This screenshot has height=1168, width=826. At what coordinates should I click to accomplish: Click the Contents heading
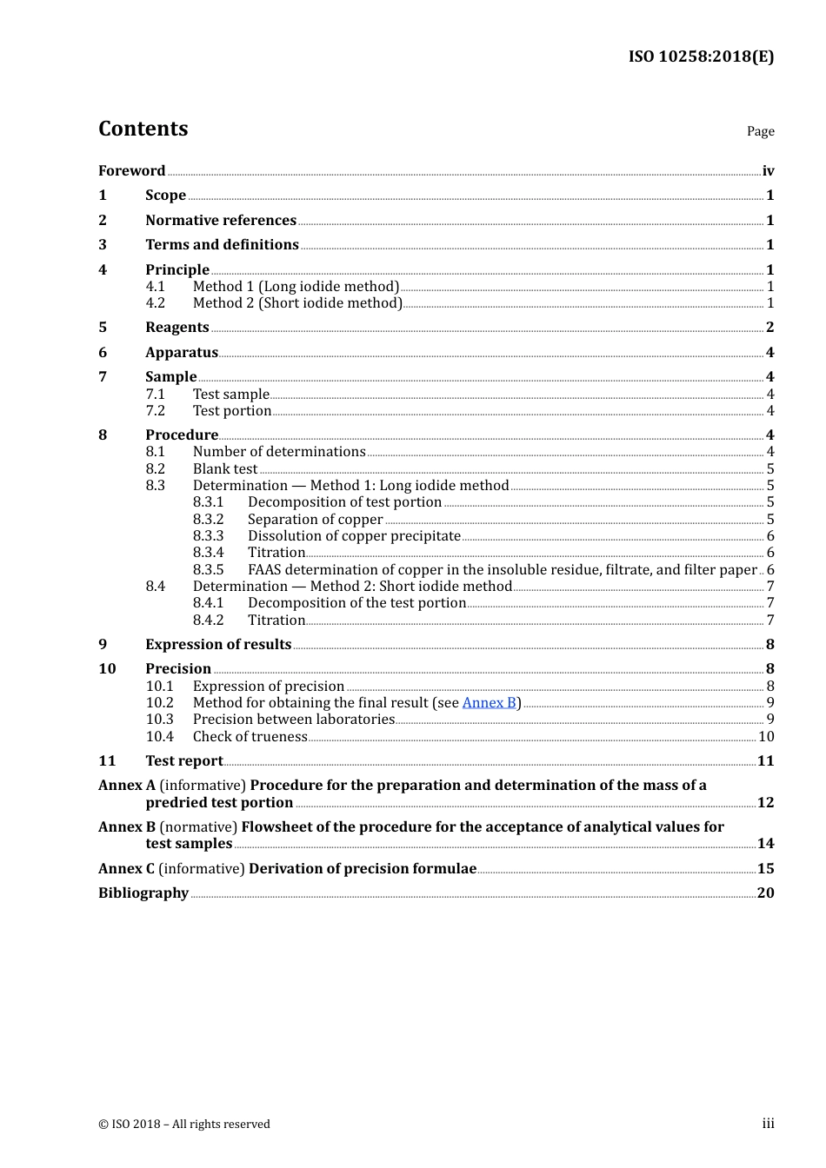pyautogui.click(x=143, y=129)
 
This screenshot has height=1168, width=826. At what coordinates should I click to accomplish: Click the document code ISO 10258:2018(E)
pyautogui.click(x=701, y=56)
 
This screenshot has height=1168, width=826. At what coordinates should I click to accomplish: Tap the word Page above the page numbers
pyautogui.click(x=760, y=131)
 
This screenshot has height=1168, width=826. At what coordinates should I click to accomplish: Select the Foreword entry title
pyautogui.click(x=131, y=170)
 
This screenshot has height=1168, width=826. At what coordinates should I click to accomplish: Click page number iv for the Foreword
pyautogui.click(x=768, y=171)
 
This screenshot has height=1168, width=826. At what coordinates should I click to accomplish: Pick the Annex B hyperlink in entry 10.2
pyautogui.click(x=489, y=702)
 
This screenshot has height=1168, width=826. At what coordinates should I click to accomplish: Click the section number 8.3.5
pyautogui.click(x=208, y=569)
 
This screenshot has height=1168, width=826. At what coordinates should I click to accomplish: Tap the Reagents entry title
pyautogui.click(x=177, y=328)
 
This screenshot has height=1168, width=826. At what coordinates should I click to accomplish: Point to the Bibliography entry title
pyautogui.click(x=143, y=893)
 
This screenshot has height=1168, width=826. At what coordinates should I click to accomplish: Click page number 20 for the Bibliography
pyautogui.click(x=765, y=893)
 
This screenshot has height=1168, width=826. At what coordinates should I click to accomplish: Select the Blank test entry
pyautogui.click(x=225, y=468)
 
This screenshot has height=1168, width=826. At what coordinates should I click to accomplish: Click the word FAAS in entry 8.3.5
pyautogui.click(x=265, y=569)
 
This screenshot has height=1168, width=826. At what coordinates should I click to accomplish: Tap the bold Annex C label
pyautogui.click(x=127, y=868)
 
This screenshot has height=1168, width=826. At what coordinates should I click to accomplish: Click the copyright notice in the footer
pyautogui.click(x=184, y=1124)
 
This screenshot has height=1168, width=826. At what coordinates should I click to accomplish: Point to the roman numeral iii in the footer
pyautogui.click(x=768, y=1124)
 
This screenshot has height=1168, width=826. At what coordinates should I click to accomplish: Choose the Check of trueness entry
pyautogui.click(x=250, y=736)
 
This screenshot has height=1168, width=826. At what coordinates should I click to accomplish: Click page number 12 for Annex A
pyautogui.click(x=765, y=802)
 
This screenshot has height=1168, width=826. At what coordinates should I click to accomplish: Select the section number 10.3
pyautogui.click(x=159, y=719)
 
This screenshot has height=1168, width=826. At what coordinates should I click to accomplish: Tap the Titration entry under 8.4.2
pyautogui.click(x=276, y=620)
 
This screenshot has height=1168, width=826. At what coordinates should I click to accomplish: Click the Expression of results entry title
pyautogui.click(x=218, y=644)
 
